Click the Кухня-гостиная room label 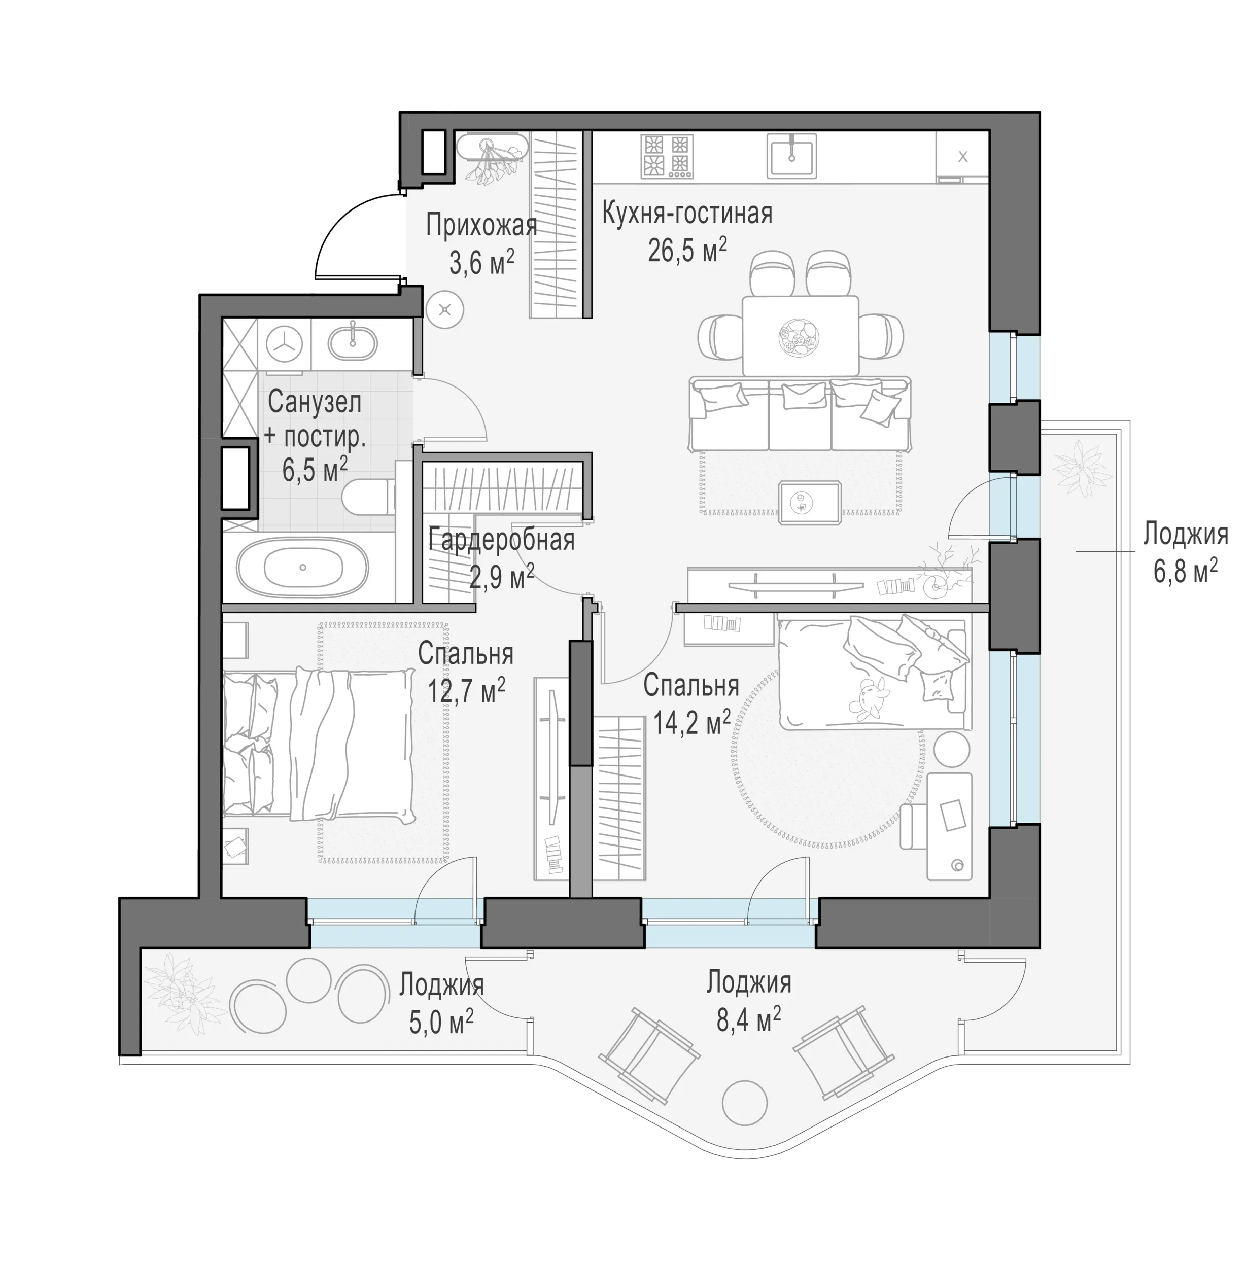(687, 214)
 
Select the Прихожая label (481, 226)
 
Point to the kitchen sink (792, 156)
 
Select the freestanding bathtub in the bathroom (302, 567)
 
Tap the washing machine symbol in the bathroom (285, 343)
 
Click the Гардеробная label (502, 541)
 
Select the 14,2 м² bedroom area (691, 722)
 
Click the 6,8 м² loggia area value (1185, 571)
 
